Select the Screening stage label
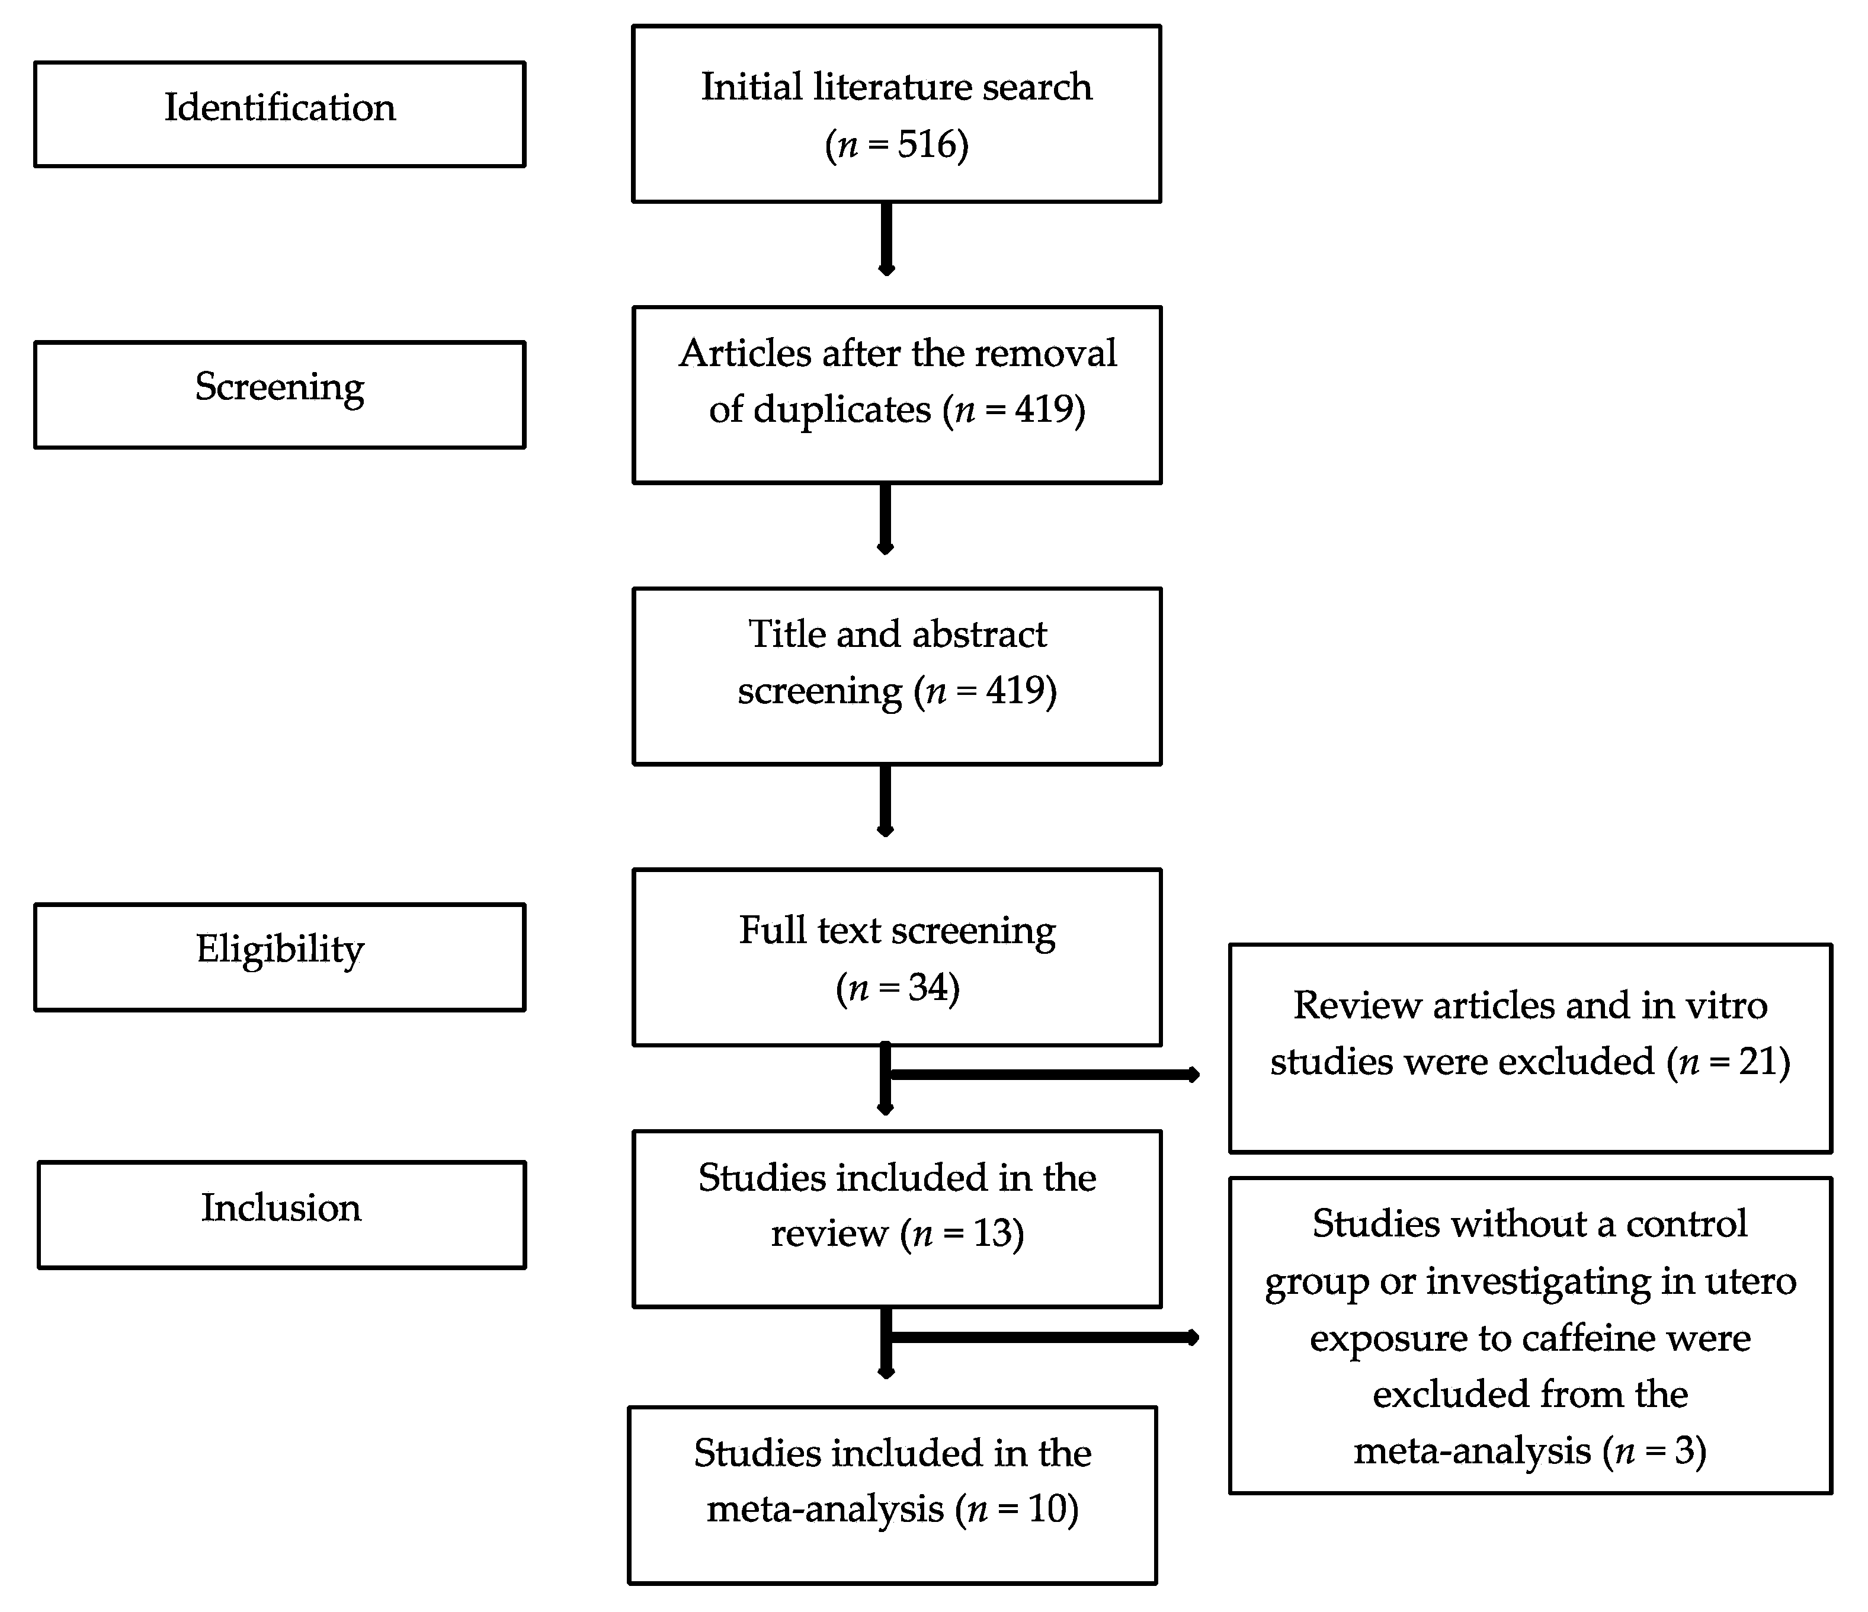[x=280, y=387]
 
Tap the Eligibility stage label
[x=280, y=949]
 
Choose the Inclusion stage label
[x=280, y=1208]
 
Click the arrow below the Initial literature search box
[x=886, y=239]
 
